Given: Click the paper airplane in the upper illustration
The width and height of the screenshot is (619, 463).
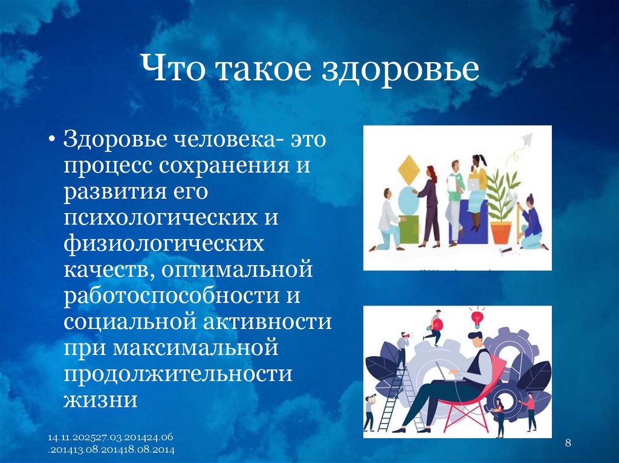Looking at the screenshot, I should [525, 140].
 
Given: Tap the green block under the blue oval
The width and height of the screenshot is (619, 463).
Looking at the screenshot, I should [409, 229].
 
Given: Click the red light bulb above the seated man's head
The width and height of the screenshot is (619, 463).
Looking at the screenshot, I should [478, 316].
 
